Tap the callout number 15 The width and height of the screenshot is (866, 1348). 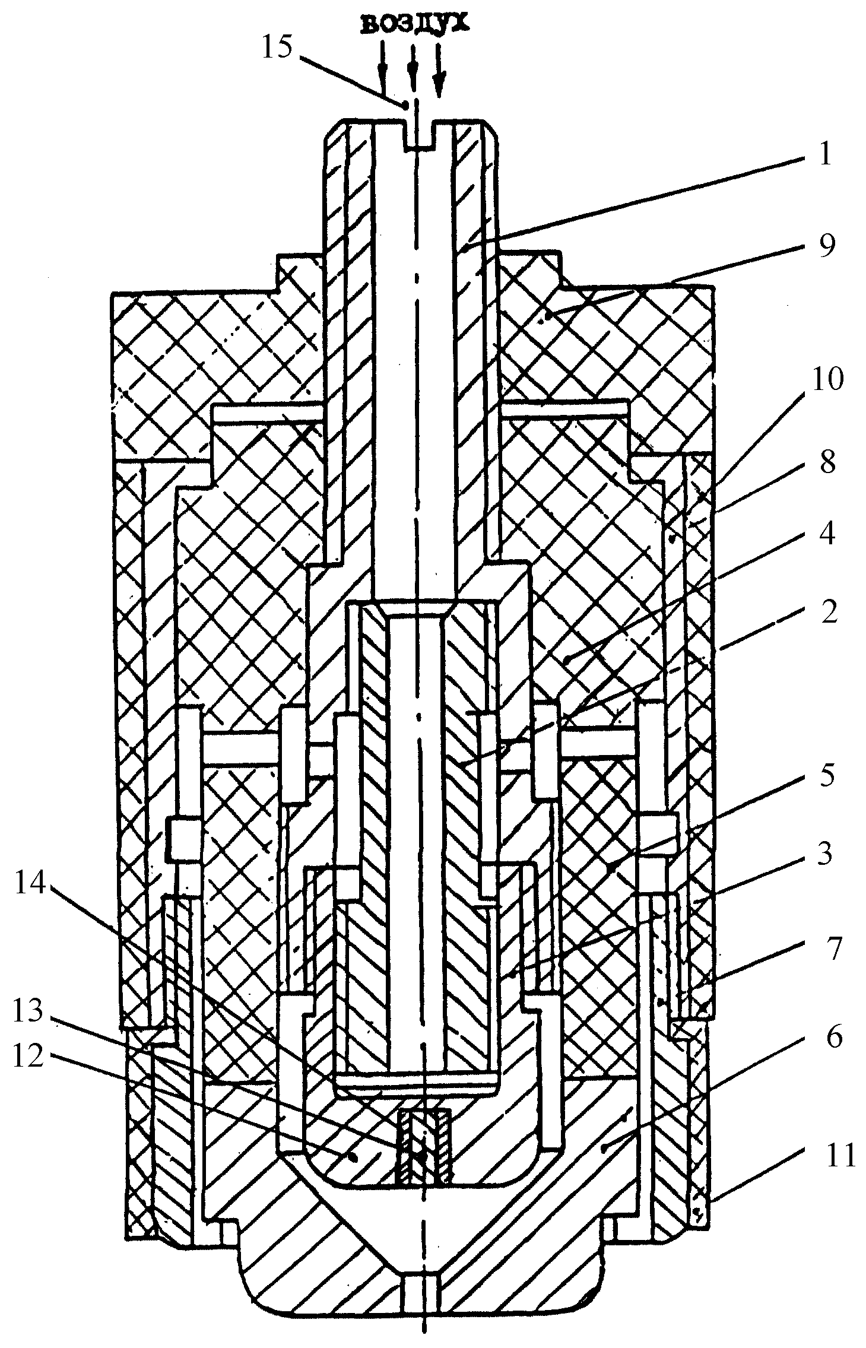[278, 48]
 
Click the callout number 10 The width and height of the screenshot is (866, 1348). [829, 379]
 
